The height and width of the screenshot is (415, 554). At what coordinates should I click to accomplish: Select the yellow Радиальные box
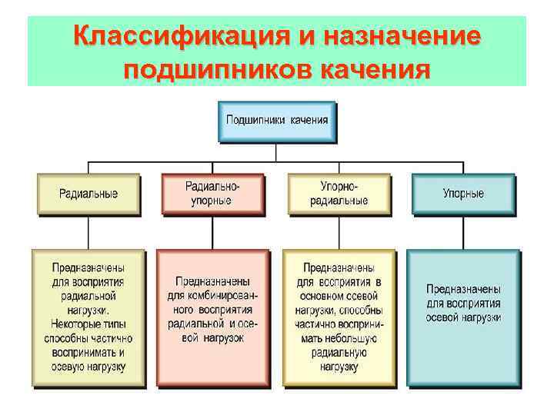pyautogui.click(x=88, y=194)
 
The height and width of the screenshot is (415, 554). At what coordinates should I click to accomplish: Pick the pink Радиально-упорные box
pyautogui.click(x=212, y=194)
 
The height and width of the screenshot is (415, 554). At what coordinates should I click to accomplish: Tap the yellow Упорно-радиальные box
pyautogui.click(x=339, y=194)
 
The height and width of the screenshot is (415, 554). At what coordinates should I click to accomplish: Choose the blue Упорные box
pyautogui.click(x=462, y=194)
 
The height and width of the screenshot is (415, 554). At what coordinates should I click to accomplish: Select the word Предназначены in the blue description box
pyautogui.click(x=464, y=289)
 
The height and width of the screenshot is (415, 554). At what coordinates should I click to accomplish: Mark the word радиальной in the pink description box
pyautogui.click(x=197, y=324)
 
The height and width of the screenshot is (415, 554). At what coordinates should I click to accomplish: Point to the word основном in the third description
pyautogui.click(x=322, y=296)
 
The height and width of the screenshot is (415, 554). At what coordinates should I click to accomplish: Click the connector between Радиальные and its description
pyautogui.click(x=88, y=232)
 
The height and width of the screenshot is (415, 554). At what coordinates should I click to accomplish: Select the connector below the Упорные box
pyautogui.click(x=462, y=232)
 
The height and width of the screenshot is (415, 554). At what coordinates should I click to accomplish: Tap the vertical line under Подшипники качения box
pyautogui.click(x=277, y=151)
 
